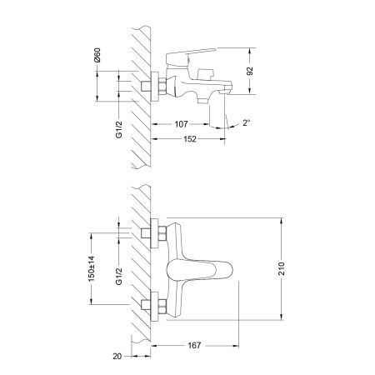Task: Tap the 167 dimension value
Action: coord(194,344)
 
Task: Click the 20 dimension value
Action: coord(117,356)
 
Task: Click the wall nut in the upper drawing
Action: coord(155,87)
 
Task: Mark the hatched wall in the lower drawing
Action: coord(139,267)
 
